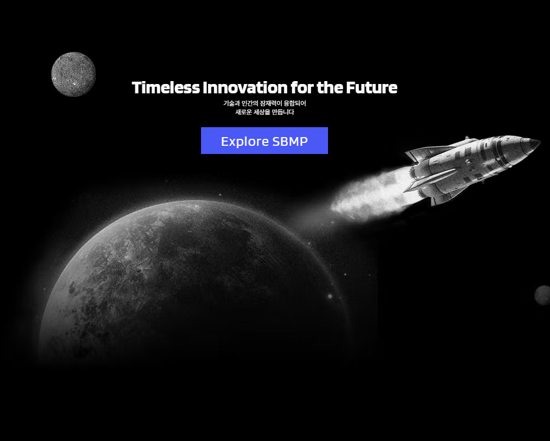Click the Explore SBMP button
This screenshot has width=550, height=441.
(x=265, y=141)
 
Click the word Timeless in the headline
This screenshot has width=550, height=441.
(x=166, y=87)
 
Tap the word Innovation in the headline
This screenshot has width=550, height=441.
(x=245, y=87)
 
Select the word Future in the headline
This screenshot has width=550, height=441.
(x=372, y=87)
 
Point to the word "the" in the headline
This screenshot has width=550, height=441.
(x=330, y=87)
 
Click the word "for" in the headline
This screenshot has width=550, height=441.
(x=302, y=87)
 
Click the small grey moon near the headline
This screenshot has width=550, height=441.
(x=73, y=74)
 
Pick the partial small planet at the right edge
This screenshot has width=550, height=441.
(x=543, y=295)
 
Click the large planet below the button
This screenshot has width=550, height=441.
(x=195, y=281)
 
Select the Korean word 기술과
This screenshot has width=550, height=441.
(x=231, y=103)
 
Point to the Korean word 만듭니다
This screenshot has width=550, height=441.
(x=283, y=112)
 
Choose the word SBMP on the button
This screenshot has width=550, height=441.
(x=290, y=141)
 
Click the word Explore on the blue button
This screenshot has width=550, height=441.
(x=245, y=142)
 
